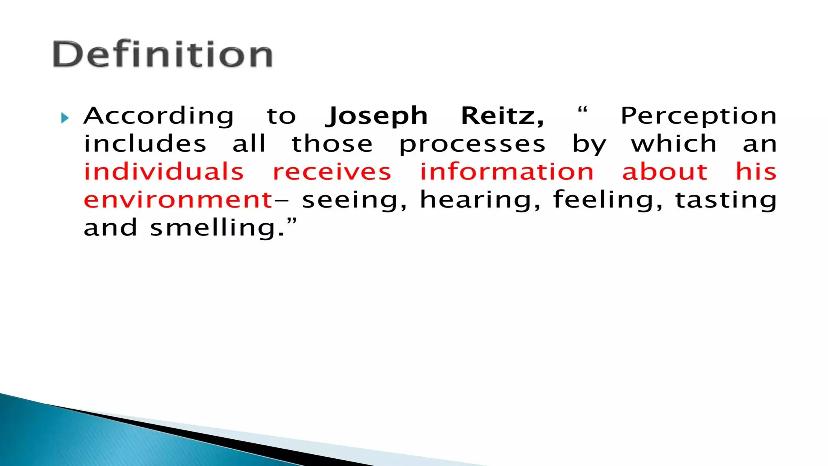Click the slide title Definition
(x=163, y=54)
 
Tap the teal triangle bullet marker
(x=65, y=118)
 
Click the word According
(x=158, y=116)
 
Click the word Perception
(x=698, y=116)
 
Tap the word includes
(x=145, y=144)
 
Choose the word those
(x=332, y=144)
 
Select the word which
(x=674, y=144)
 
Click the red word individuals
(x=164, y=172)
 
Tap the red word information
(x=507, y=172)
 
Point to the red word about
(x=665, y=172)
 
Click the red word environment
(x=178, y=200)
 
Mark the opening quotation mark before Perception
(x=582, y=110)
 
